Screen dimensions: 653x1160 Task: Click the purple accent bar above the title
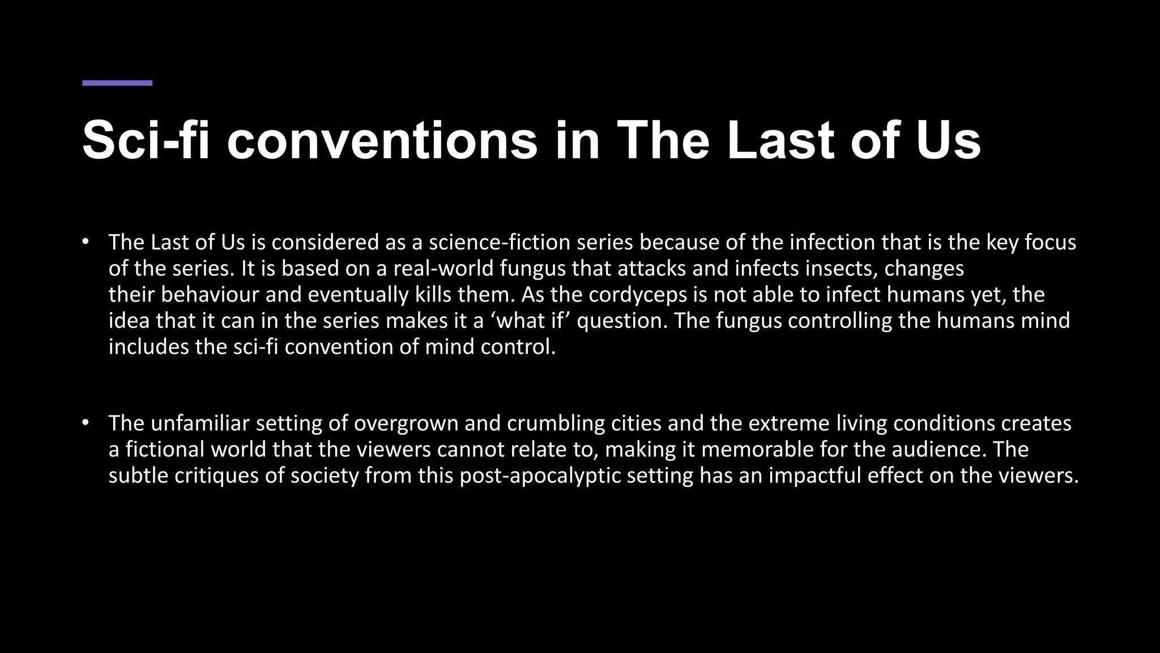117,83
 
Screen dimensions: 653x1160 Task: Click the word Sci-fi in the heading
146,140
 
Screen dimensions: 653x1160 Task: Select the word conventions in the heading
382,140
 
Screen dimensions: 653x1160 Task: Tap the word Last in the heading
781,140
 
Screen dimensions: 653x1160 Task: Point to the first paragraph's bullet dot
86,242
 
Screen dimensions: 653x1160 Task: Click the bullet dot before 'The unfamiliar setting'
86,423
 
